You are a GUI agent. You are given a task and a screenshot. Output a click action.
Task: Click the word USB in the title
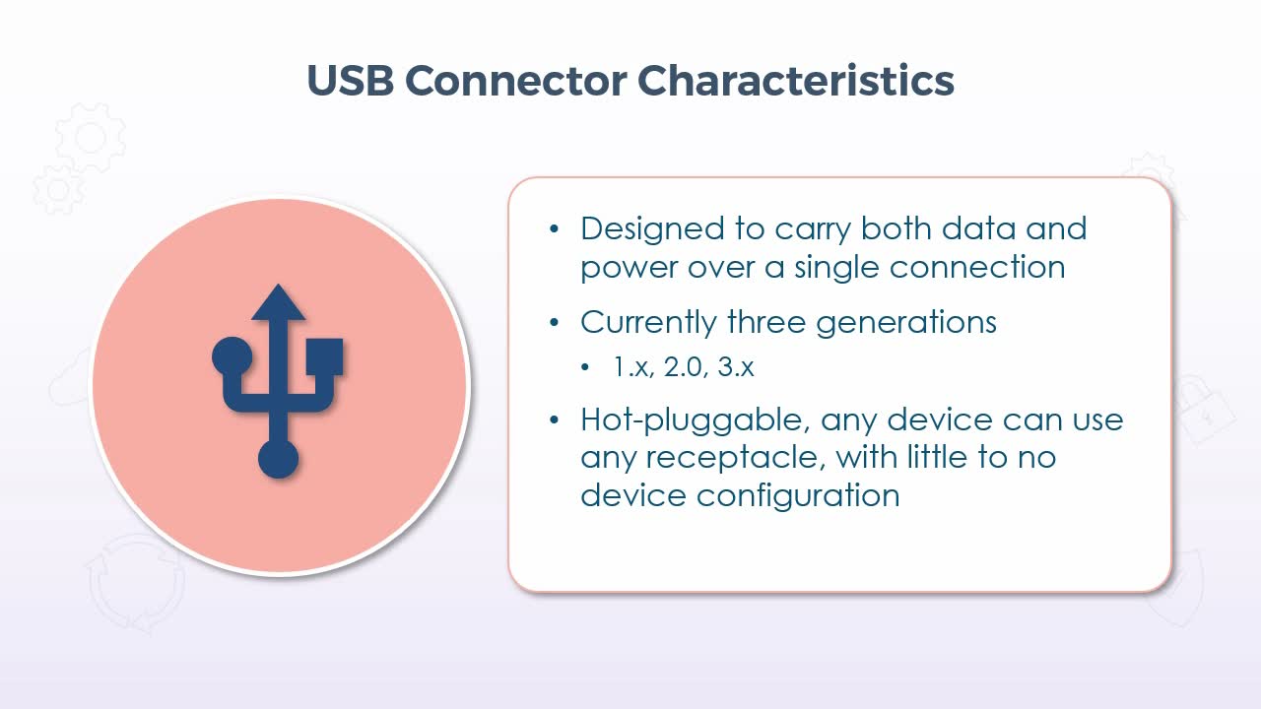(x=350, y=80)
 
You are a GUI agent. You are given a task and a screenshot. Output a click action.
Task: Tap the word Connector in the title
(x=515, y=80)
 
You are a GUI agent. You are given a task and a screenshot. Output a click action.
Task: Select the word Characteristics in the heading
(x=795, y=80)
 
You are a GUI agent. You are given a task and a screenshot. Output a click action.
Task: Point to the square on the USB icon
(x=324, y=356)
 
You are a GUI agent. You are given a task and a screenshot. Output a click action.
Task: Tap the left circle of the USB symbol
(x=232, y=356)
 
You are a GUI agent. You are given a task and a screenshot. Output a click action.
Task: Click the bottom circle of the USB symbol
(x=278, y=459)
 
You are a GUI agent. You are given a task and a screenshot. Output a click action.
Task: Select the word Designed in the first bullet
(x=652, y=229)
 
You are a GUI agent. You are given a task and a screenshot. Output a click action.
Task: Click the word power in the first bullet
(x=628, y=268)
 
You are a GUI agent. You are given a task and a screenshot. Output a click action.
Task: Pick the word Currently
(x=648, y=323)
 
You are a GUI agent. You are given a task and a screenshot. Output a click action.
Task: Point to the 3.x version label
(x=736, y=367)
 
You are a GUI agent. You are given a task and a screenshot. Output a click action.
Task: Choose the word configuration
(x=798, y=496)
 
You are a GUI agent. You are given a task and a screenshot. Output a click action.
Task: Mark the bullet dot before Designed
(x=555, y=229)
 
